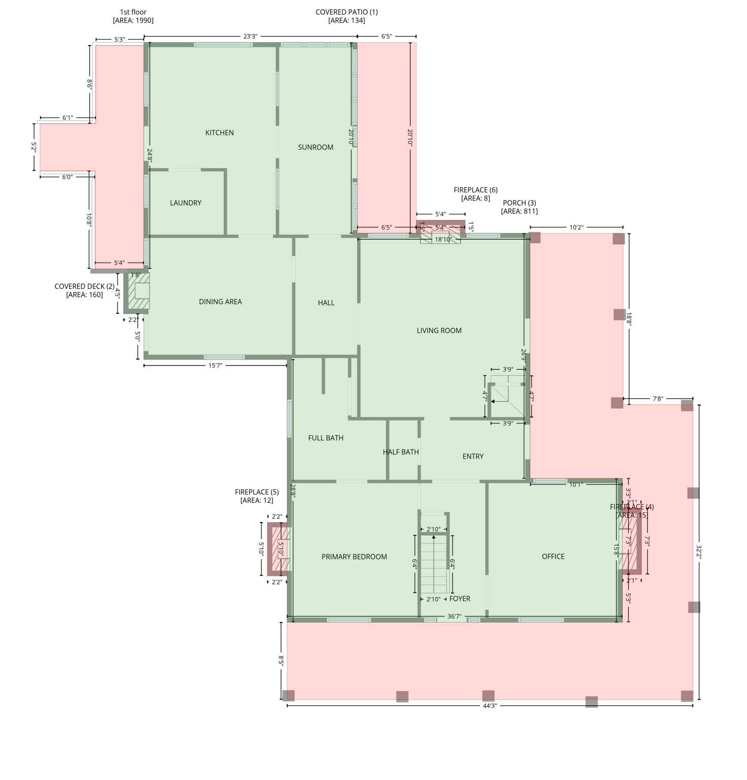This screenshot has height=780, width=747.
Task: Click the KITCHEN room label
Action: [219, 133]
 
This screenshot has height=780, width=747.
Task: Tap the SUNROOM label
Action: [315, 147]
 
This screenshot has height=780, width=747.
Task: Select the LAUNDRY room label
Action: [185, 203]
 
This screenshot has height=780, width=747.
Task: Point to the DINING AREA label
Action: [220, 302]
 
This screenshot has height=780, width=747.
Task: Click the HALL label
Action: [326, 303]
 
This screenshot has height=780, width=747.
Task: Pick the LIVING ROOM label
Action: [439, 331]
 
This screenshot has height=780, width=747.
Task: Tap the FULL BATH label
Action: [326, 438]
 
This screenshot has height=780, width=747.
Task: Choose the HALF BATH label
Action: [401, 452]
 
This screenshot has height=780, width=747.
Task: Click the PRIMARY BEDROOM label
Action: [354, 557]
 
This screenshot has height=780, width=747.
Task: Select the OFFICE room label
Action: [553, 557]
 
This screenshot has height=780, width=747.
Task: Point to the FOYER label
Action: [460, 599]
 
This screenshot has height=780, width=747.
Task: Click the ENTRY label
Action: [473, 457]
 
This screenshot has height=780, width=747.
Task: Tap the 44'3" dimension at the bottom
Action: [489, 706]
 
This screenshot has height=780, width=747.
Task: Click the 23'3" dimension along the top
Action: [250, 36]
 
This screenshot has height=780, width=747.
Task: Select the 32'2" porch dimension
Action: [699, 552]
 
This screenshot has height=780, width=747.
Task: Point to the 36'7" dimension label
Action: [454, 616]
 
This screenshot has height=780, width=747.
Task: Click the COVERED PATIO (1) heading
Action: [346, 12]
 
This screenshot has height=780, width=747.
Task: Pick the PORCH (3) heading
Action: [519, 203]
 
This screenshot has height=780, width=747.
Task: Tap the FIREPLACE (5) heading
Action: [256, 492]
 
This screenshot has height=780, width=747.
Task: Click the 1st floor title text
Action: [133, 12]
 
